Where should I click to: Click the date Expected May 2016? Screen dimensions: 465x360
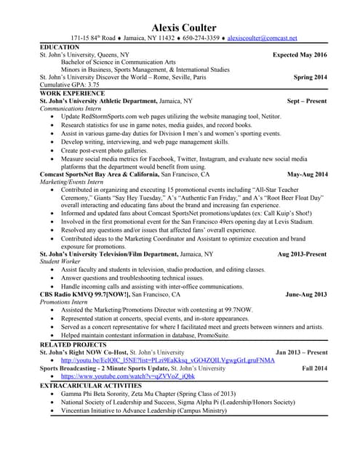(x=300, y=55)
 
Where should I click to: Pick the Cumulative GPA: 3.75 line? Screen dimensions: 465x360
(x=69, y=85)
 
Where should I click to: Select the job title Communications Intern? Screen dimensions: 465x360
(x=71, y=108)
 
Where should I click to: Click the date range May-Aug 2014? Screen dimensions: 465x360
(x=308, y=174)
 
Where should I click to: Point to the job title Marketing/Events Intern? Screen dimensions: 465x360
(x=71, y=182)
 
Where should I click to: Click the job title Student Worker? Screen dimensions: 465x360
(x=60, y=262)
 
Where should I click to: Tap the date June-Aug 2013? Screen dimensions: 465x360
(x=306, y=294)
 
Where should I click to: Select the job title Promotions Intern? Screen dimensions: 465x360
(x=65, y=302)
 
